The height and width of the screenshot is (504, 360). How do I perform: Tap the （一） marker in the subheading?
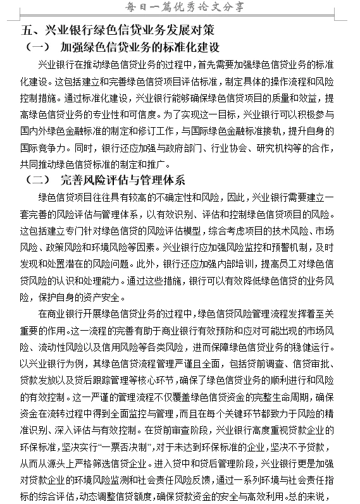click(x=37, y=47)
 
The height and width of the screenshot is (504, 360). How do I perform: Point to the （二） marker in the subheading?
click(x=37, y=181)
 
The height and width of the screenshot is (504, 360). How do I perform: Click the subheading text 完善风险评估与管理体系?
click(x=123, y=181)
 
